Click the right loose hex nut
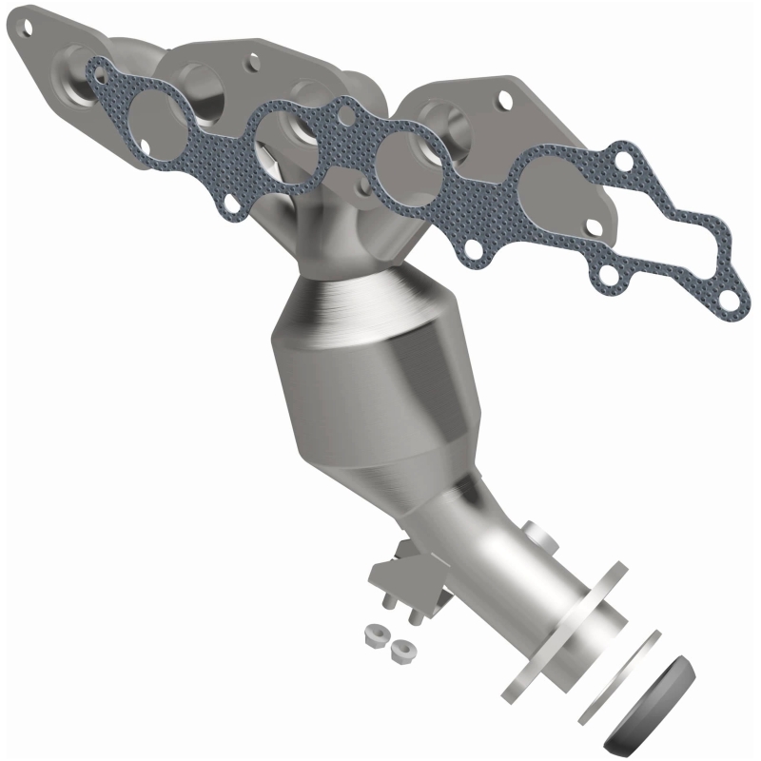(x=401, y=651)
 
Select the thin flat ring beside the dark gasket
(x=619, y=676)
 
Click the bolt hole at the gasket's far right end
(x=728, y=301)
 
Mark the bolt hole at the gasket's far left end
(x=95, y=68)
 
